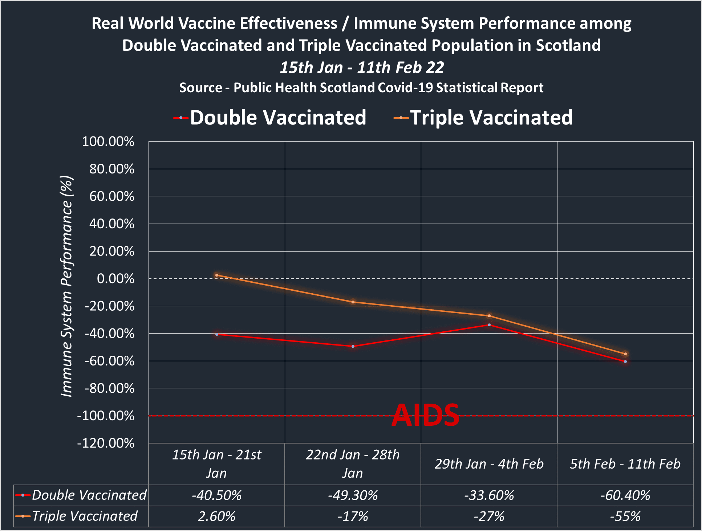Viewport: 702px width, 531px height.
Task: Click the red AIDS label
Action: (x=425, y=415)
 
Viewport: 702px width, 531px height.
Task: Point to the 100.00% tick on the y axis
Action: (x=108, y=142)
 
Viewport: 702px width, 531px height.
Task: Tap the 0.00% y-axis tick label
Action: (x=115, y=279)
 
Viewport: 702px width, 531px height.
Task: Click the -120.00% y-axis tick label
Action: (x=106, y=443)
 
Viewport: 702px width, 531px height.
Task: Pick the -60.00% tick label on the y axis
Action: (x=109, y=361)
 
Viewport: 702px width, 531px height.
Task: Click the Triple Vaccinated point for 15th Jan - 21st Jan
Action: (x=217, y=275)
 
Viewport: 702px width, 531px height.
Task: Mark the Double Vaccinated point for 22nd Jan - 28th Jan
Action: (x=353, y=346)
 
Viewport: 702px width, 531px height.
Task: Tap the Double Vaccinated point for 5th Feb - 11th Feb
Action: (x=625, y=362)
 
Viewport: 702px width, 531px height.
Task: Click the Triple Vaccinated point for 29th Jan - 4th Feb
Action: (x=489, y=316)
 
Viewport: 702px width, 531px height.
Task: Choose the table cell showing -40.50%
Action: (x=217, y=495)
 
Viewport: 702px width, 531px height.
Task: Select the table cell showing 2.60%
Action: (x=217, y=516)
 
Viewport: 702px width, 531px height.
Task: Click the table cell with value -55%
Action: (x=625, y=516)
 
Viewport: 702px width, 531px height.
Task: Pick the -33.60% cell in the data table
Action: (x=489, y=495)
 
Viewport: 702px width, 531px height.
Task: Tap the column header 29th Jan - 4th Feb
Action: (x=489, y=464)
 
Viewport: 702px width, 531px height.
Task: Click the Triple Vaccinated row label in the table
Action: (x=85, y=516)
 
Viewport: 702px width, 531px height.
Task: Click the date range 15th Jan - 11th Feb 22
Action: (x=362, y=68)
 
